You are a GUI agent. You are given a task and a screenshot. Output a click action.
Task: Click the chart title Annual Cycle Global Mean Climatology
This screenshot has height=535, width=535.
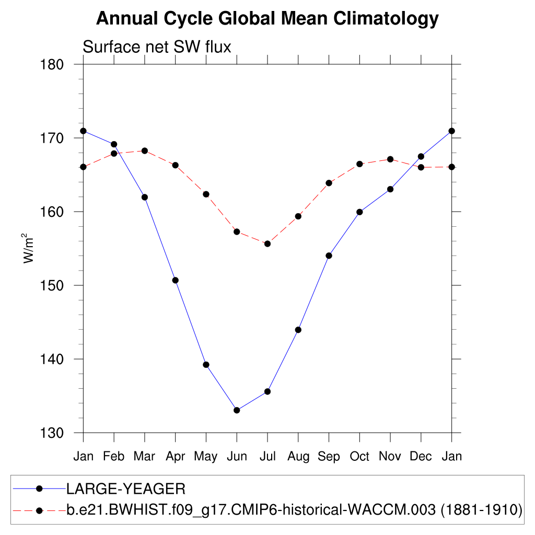pyautogui.click(x=267, y=19)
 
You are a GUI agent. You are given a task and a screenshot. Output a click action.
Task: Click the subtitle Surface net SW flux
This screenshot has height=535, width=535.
pyautogui.click(x=157, y=47)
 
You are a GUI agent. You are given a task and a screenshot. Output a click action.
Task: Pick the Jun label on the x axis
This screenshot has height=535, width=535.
pyautogui.click(x=237, y=457)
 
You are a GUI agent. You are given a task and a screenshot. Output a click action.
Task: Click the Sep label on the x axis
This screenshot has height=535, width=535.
pyautogui.click(x=329, y=457)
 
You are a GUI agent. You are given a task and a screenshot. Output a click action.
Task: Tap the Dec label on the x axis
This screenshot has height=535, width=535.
pyautogui.click(x=421, y=457)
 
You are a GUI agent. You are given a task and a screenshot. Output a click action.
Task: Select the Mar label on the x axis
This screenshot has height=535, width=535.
pyautogui.click(x=144, y=457)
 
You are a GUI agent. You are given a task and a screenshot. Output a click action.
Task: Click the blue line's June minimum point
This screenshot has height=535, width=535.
pyautogui.click(x=237, y=410)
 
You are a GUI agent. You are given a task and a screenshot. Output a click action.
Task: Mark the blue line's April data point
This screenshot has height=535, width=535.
pyautogui.click(x=175, y=280)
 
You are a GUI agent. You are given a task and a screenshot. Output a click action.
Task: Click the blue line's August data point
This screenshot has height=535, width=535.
pyautogui.click(x=298, y=330)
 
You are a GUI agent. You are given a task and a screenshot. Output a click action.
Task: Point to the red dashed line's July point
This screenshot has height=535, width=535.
pyautogui.click(x=267, y=243)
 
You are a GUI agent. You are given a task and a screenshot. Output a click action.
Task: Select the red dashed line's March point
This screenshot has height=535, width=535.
pyautogui.click(x=145, y=150)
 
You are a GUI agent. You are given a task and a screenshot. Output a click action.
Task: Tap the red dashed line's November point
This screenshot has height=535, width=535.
pyautogui.click(x=390, y=159)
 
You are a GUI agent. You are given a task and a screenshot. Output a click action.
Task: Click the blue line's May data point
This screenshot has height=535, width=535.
pyautogui.click(x=206, y=365)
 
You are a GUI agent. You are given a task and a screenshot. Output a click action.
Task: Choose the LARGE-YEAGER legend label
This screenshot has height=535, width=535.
pyautogui.click(x=125, y=489)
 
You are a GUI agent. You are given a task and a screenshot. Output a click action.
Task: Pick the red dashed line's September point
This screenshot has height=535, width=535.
pyautogui.click(x=329, y=183)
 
